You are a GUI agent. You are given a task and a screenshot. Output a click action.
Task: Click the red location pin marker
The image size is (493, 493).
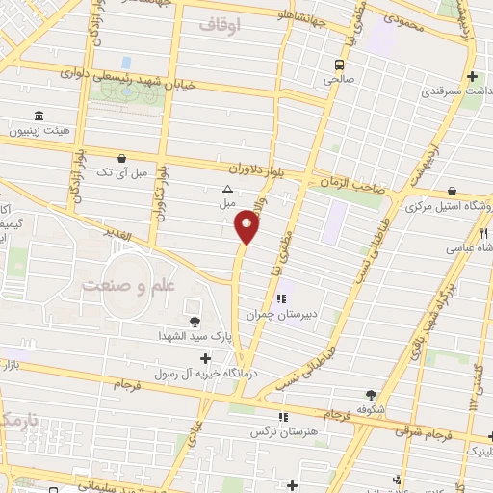click(x=247, y=225)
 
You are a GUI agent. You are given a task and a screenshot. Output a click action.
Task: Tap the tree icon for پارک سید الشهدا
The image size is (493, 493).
click(x=195, y=321)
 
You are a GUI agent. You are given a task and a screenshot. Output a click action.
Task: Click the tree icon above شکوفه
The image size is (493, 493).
click(x=372, y=394)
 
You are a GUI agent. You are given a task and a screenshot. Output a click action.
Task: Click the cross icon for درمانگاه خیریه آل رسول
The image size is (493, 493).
click(x=205, y=357)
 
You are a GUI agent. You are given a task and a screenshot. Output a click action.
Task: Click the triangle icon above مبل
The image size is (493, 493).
click(x=227, y=190)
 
